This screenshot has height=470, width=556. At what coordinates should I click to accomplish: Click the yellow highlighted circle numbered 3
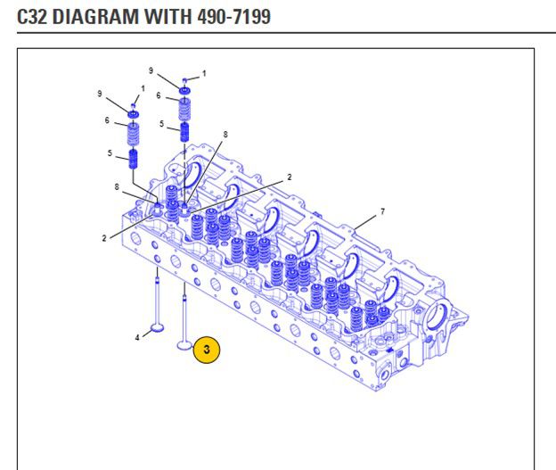[207, 350]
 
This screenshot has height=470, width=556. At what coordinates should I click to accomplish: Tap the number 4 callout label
[137, 337]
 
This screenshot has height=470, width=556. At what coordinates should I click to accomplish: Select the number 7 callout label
[382, 211]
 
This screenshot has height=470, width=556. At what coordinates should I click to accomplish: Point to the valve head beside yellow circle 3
[185, 344]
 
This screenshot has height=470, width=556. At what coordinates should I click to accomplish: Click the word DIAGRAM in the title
[95, 15]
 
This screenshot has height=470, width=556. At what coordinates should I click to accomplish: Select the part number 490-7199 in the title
[228, 15]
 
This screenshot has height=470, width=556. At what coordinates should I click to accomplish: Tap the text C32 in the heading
[33, 15]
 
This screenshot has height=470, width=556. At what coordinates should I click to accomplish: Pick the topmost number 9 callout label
[151, 70]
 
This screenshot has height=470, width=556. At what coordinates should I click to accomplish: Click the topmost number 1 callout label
[203, 73]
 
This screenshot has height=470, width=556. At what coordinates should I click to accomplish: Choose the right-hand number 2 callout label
[290, 177]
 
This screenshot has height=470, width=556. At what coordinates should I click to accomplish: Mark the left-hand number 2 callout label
[104, 238]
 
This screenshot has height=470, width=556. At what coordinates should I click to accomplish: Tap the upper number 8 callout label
[225, 134]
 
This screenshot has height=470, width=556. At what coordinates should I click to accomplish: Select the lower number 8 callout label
[117, 186]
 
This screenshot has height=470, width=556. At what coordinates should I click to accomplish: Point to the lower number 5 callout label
[110, 153]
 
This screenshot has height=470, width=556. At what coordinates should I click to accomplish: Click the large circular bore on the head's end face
[439, 318]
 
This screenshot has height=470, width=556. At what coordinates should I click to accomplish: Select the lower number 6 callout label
[107, 120]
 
